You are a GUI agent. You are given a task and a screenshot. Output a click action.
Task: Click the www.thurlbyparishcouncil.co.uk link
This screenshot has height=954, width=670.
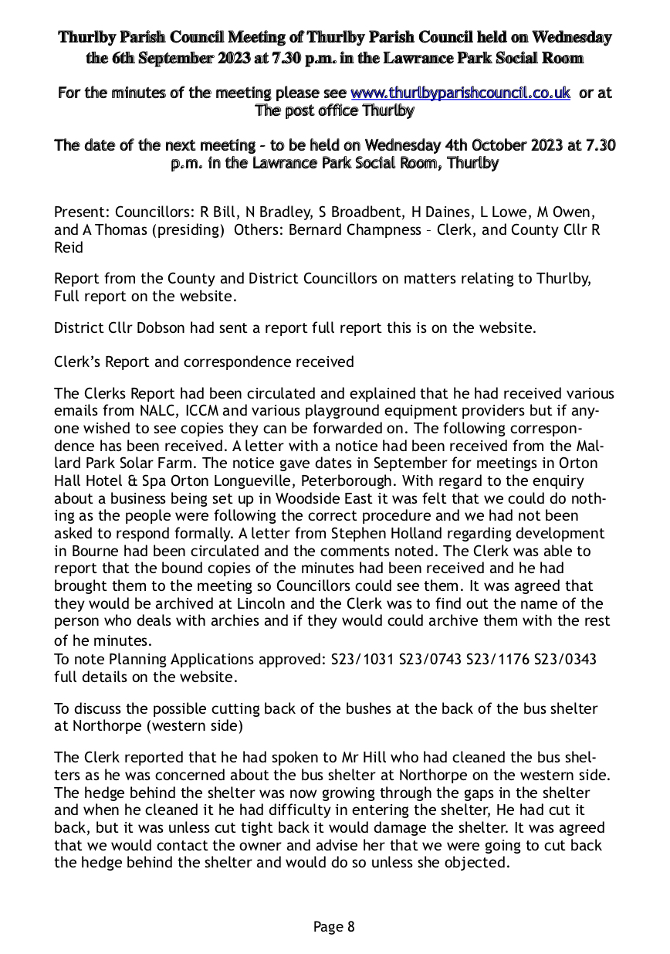pyautogui.click(x=460, y=93)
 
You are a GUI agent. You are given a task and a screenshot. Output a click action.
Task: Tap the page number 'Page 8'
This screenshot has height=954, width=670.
pyautogui.click(x=334, y=926)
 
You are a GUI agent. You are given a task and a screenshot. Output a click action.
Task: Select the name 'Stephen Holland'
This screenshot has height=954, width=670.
pyautogui.click(x=427, y=533)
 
